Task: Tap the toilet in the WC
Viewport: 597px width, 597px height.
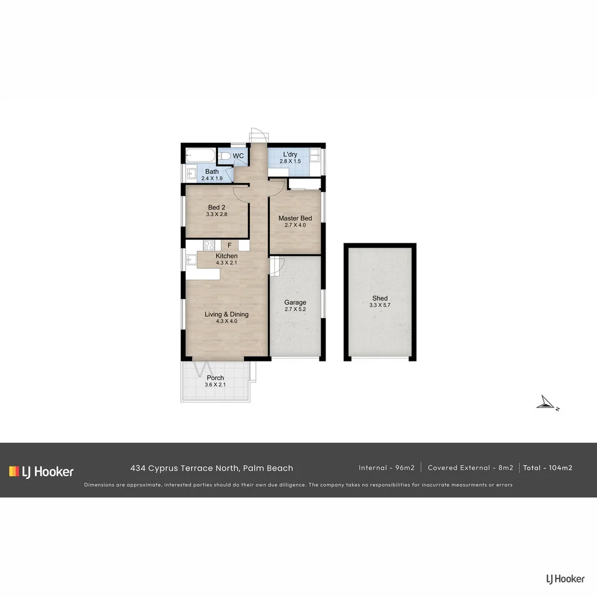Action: tap(224, 156)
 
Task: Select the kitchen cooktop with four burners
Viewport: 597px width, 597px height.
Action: tap(209, 245)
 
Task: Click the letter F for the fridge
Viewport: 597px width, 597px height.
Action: tap(229, 245)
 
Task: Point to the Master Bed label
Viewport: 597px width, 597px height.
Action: tap(295, 218)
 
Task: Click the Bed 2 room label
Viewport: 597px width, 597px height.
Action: tap(217, 207)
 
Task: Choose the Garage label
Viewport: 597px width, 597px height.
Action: tap(295, 302)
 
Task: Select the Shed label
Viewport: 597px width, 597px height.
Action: tap(380, 298)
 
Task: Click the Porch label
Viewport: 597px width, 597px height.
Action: tap(216, 378)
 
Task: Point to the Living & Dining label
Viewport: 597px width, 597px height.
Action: tap(227, 315)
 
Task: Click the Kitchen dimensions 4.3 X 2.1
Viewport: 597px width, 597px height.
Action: tap(227, 263)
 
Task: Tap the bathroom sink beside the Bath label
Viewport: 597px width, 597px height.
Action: tap(190, 174)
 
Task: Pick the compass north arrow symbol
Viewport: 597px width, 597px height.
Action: tap(546, 404)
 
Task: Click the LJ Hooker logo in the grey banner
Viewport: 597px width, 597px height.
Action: tap(41, 472)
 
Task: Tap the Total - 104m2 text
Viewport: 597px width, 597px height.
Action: tap(547, 468)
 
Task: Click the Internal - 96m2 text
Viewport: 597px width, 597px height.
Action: tap(386, 468)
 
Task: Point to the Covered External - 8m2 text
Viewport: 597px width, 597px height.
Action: tap(470, 468)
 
